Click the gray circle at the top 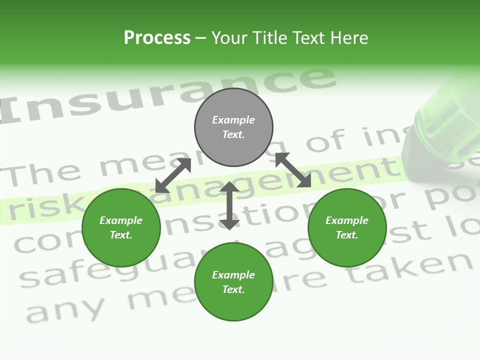(233, 127)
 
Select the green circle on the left (121, 227)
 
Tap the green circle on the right (347, 227)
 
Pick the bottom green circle (233, 282)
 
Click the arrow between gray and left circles (173, 175)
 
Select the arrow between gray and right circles (293, 170)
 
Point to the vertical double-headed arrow (229, 206)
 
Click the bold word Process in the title (157, 38)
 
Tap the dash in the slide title (201, 38)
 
